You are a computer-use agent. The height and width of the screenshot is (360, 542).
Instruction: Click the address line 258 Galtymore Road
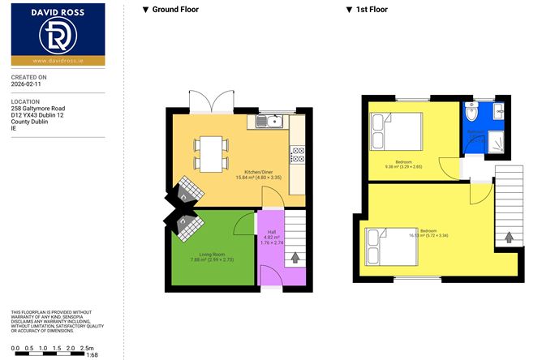(38, 108)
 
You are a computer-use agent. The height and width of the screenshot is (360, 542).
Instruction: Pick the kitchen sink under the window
(268, 122)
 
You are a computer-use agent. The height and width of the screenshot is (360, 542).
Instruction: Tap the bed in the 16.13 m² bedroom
(391, 246)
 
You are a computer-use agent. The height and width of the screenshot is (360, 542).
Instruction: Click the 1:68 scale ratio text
(93, 354)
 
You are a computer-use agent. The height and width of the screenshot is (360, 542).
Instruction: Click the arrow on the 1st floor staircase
(509, 238)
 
